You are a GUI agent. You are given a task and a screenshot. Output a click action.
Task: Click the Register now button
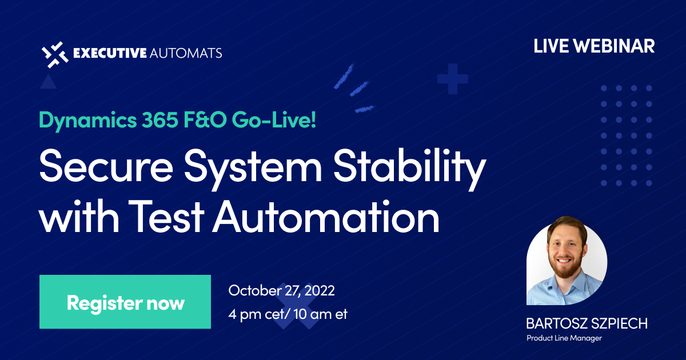tap(125, 302)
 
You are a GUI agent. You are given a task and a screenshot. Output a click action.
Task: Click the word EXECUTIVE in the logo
tap(109, 54)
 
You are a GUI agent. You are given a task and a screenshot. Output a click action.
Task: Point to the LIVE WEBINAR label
tap(594, 46)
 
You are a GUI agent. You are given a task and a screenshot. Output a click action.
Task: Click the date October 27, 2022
tap(281, 290)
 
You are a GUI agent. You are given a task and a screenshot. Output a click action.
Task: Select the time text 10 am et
tap(312, 314)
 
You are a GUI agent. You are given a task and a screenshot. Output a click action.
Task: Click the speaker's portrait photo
tap(567, 261)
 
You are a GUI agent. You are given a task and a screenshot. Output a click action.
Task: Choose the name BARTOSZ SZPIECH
tap(587, 323)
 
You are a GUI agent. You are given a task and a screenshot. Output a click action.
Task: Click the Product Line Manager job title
tap(564, 338)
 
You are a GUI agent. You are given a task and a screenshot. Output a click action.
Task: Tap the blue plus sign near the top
tap(453, 79)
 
